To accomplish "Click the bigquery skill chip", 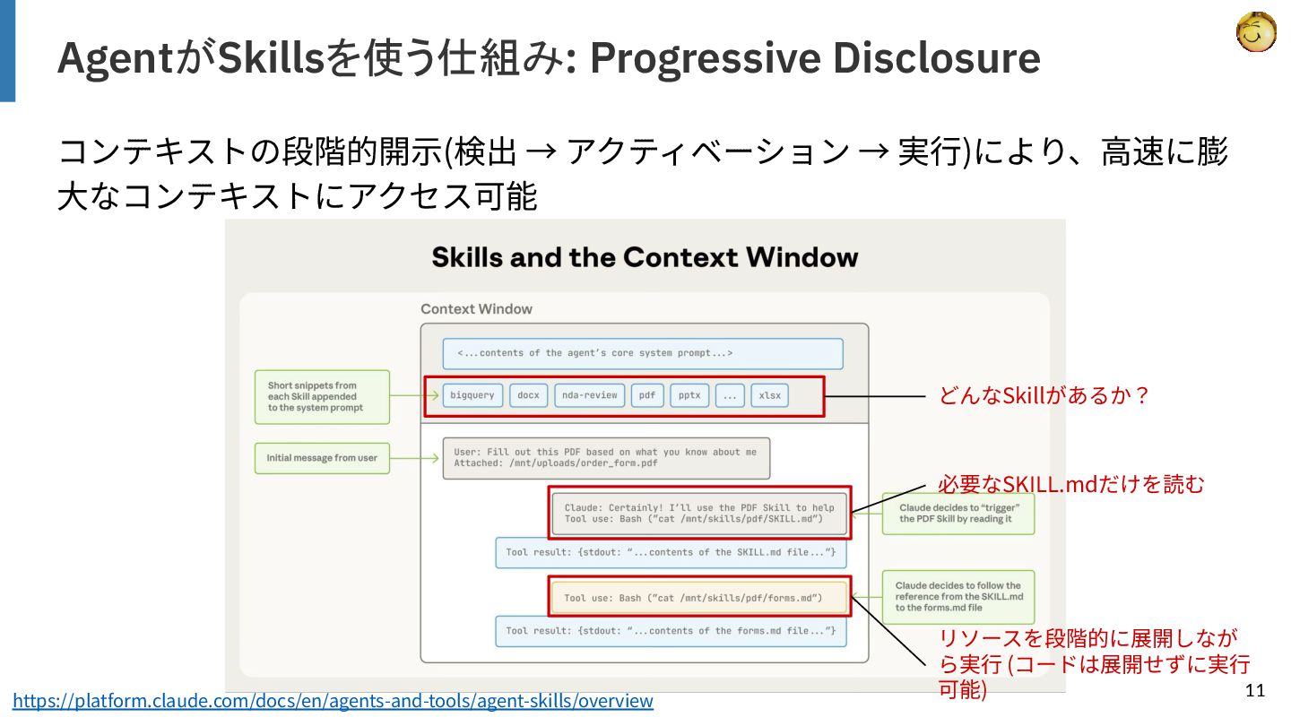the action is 472,395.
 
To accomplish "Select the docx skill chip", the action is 529,395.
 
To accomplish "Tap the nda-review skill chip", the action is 589,395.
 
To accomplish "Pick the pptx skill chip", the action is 689,395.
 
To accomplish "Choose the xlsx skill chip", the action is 770,395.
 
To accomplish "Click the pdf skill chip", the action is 647,395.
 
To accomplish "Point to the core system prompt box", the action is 642,353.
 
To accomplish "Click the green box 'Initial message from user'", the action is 322,458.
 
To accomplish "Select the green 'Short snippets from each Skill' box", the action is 322,397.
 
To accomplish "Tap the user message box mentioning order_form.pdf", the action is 605,458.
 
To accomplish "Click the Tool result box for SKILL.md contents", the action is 670,552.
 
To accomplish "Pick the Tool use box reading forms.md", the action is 700,598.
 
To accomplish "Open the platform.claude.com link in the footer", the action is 333,701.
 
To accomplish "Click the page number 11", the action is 1254,690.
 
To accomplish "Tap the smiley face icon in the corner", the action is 1255,32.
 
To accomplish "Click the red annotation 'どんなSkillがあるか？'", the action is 1044,395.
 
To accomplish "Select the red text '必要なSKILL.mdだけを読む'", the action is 1071,485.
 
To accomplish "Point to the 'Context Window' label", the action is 476,309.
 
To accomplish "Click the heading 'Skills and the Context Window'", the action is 645,257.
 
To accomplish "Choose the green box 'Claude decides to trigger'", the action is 957,514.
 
